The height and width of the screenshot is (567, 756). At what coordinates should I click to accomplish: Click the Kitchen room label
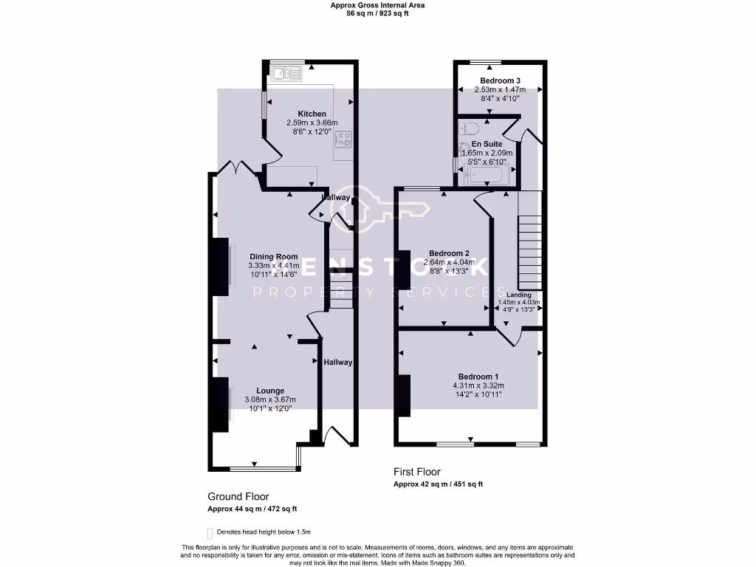click(312, 114)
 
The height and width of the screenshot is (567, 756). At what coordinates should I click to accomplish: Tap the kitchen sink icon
click(286, 73)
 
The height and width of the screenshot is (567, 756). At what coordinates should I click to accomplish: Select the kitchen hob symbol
click(343, 140)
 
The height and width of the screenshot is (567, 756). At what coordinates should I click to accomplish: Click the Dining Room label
click(273, 257)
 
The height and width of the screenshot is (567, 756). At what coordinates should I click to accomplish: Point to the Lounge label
click(270, 391)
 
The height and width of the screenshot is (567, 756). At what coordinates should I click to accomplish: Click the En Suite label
click(487, 144)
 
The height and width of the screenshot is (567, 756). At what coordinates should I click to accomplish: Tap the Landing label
click(518, 295)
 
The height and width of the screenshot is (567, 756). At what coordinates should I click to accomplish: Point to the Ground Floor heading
click(238, 497)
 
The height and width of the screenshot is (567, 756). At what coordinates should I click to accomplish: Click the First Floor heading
click(416, 472)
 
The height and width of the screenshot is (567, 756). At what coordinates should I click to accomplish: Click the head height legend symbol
click(210, 532)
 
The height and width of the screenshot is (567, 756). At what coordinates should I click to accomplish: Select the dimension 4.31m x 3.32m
click(478, 385)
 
